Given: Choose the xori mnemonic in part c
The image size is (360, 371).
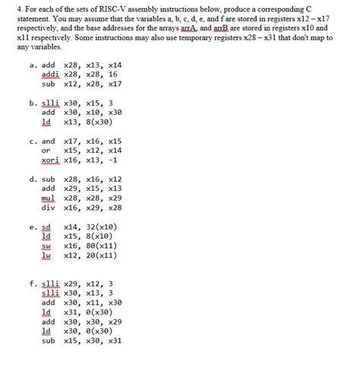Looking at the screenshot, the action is pyautogui.click(x=49, y=160).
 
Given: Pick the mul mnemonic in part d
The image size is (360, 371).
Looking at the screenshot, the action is pyautogui.click(x=47, y=198).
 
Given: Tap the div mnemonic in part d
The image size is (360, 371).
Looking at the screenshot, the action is pyautogui.click(x=47, y=207).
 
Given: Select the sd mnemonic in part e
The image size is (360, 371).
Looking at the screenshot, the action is pyautogui.click(x=46, y=227).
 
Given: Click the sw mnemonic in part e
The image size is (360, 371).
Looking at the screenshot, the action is pyautogui.click(x=46, y=246).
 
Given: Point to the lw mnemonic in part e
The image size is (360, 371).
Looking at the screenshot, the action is pyautogui.click(x=46, y=255).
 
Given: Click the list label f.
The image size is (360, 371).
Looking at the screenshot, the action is pyautogui.click(x=32, y=284).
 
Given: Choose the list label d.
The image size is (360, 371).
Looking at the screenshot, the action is pyautogui.click(x=33, y=179).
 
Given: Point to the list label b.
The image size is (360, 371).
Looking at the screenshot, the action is pyautogui.click(x=33, y=103).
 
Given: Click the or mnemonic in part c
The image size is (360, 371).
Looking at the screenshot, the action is pyautogui.click(x=46, y=151).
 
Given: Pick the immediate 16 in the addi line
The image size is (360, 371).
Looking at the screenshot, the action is pyautogui.click(x=113, y=75).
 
